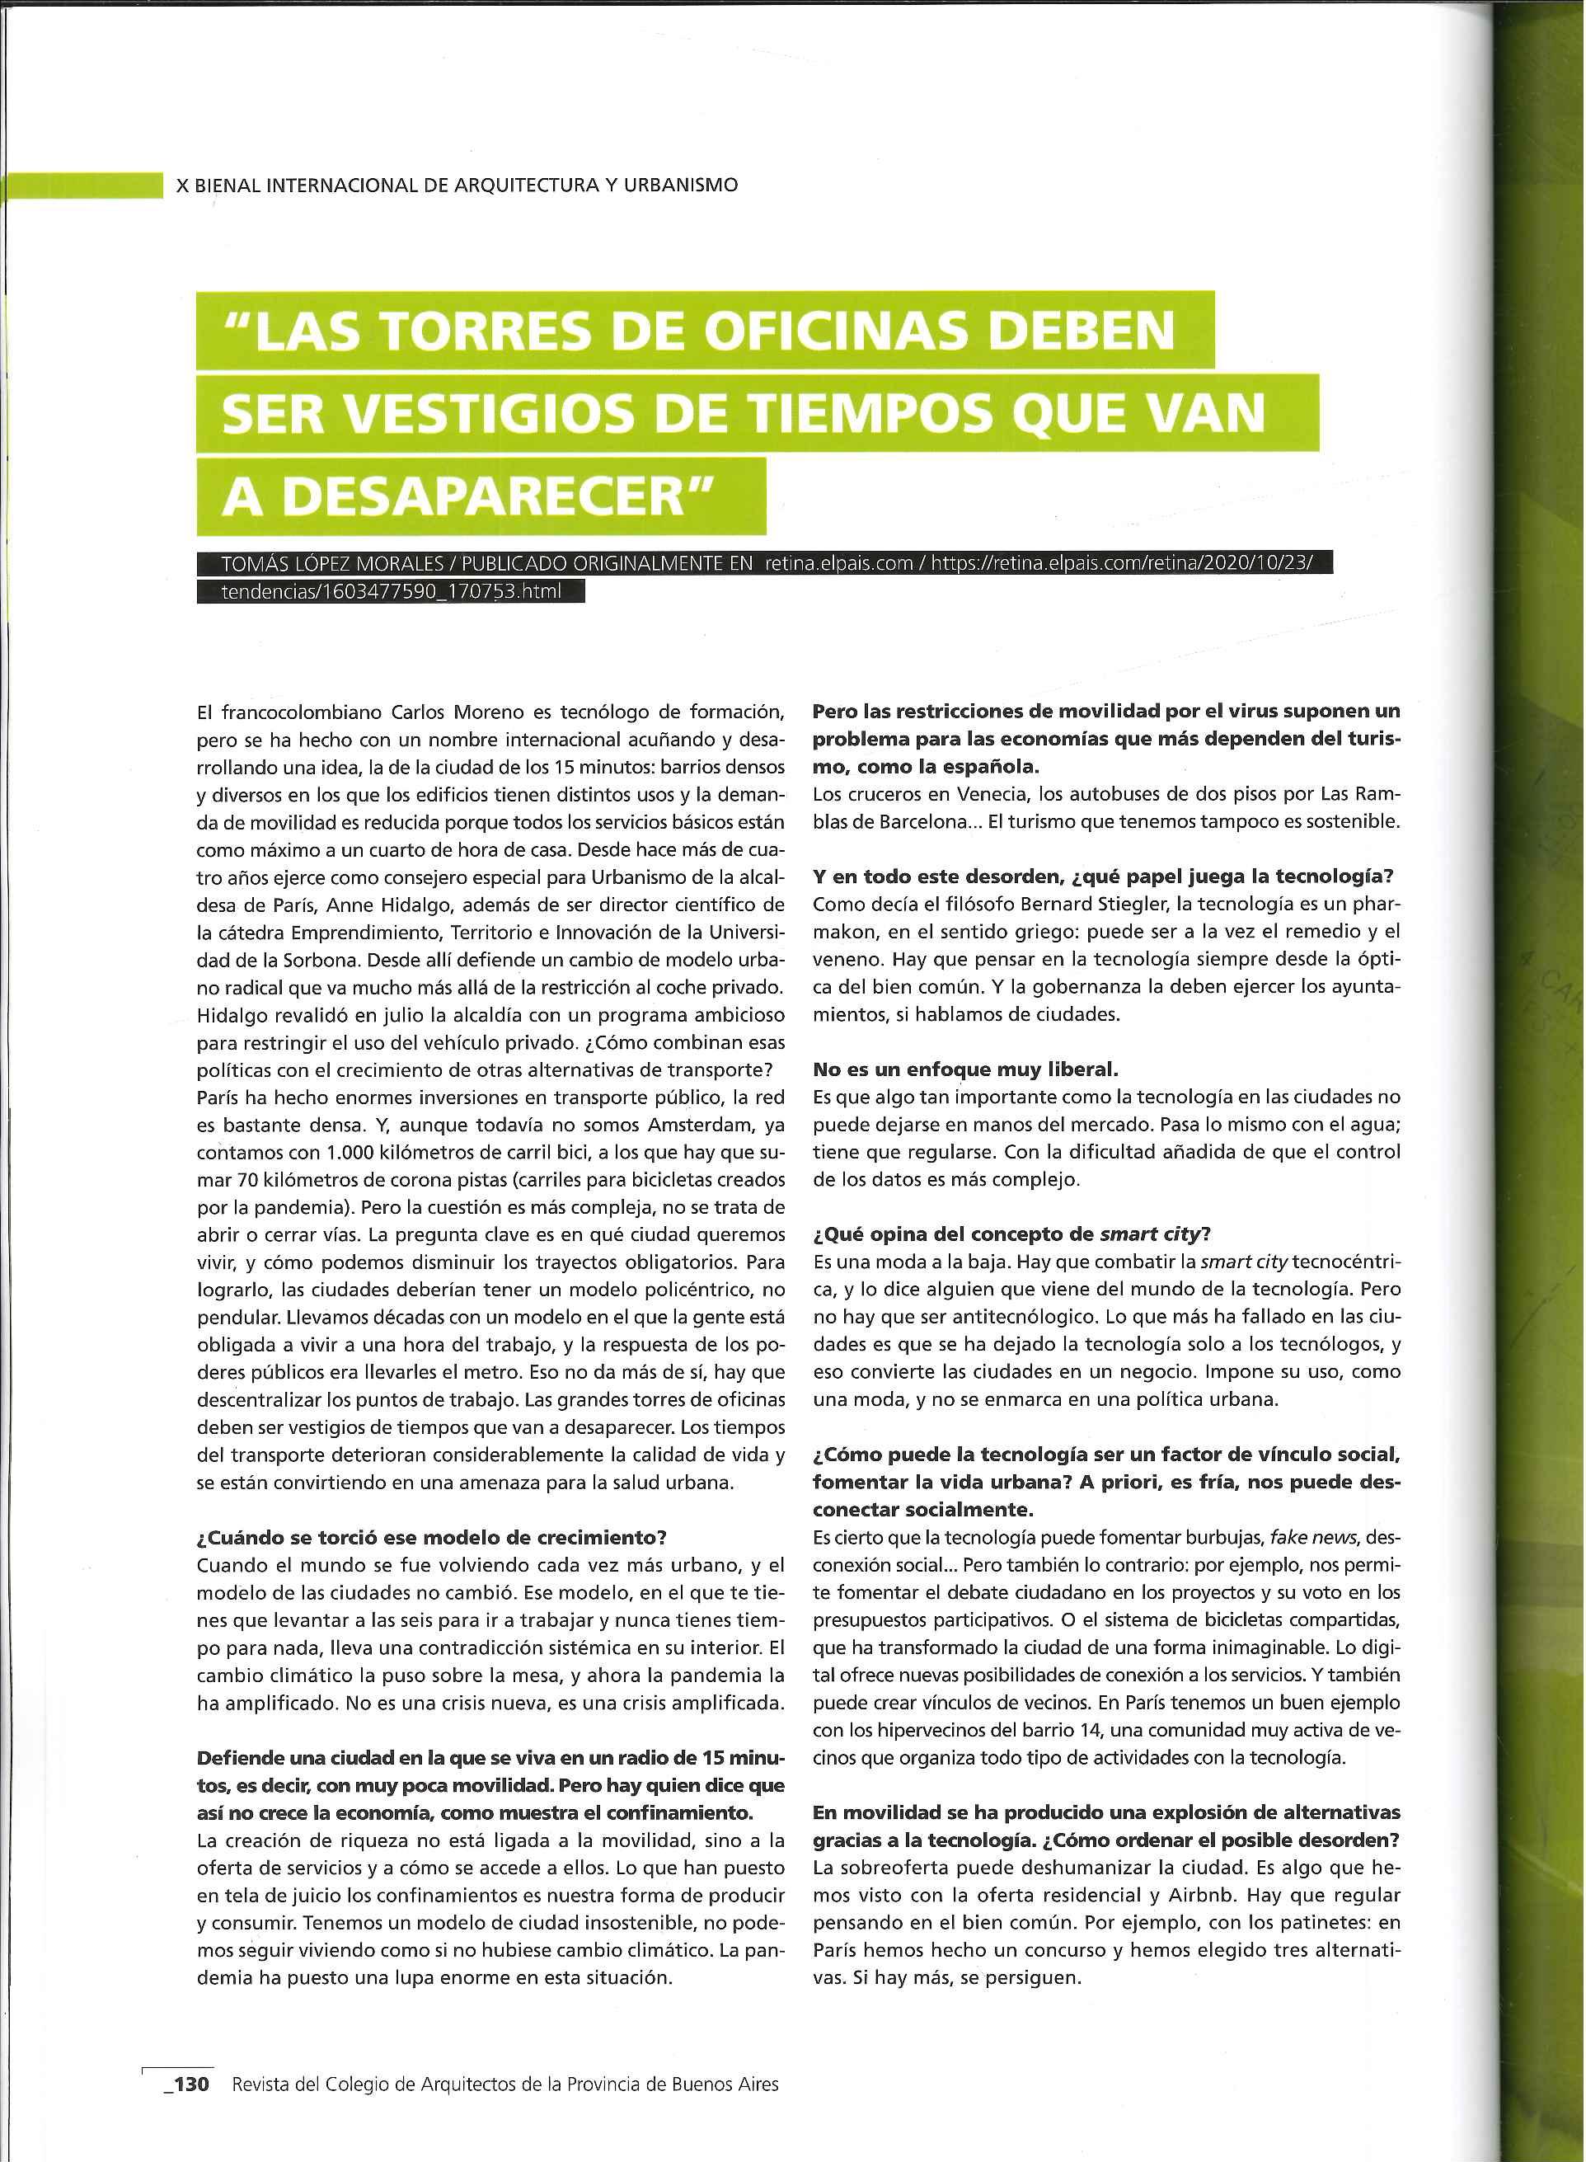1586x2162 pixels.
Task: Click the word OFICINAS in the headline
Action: (x=838, y=331)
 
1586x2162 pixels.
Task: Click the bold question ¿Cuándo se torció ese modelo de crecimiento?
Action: (x=431, y=1537)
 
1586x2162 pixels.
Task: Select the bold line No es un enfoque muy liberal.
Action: (x=966, y=1069)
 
